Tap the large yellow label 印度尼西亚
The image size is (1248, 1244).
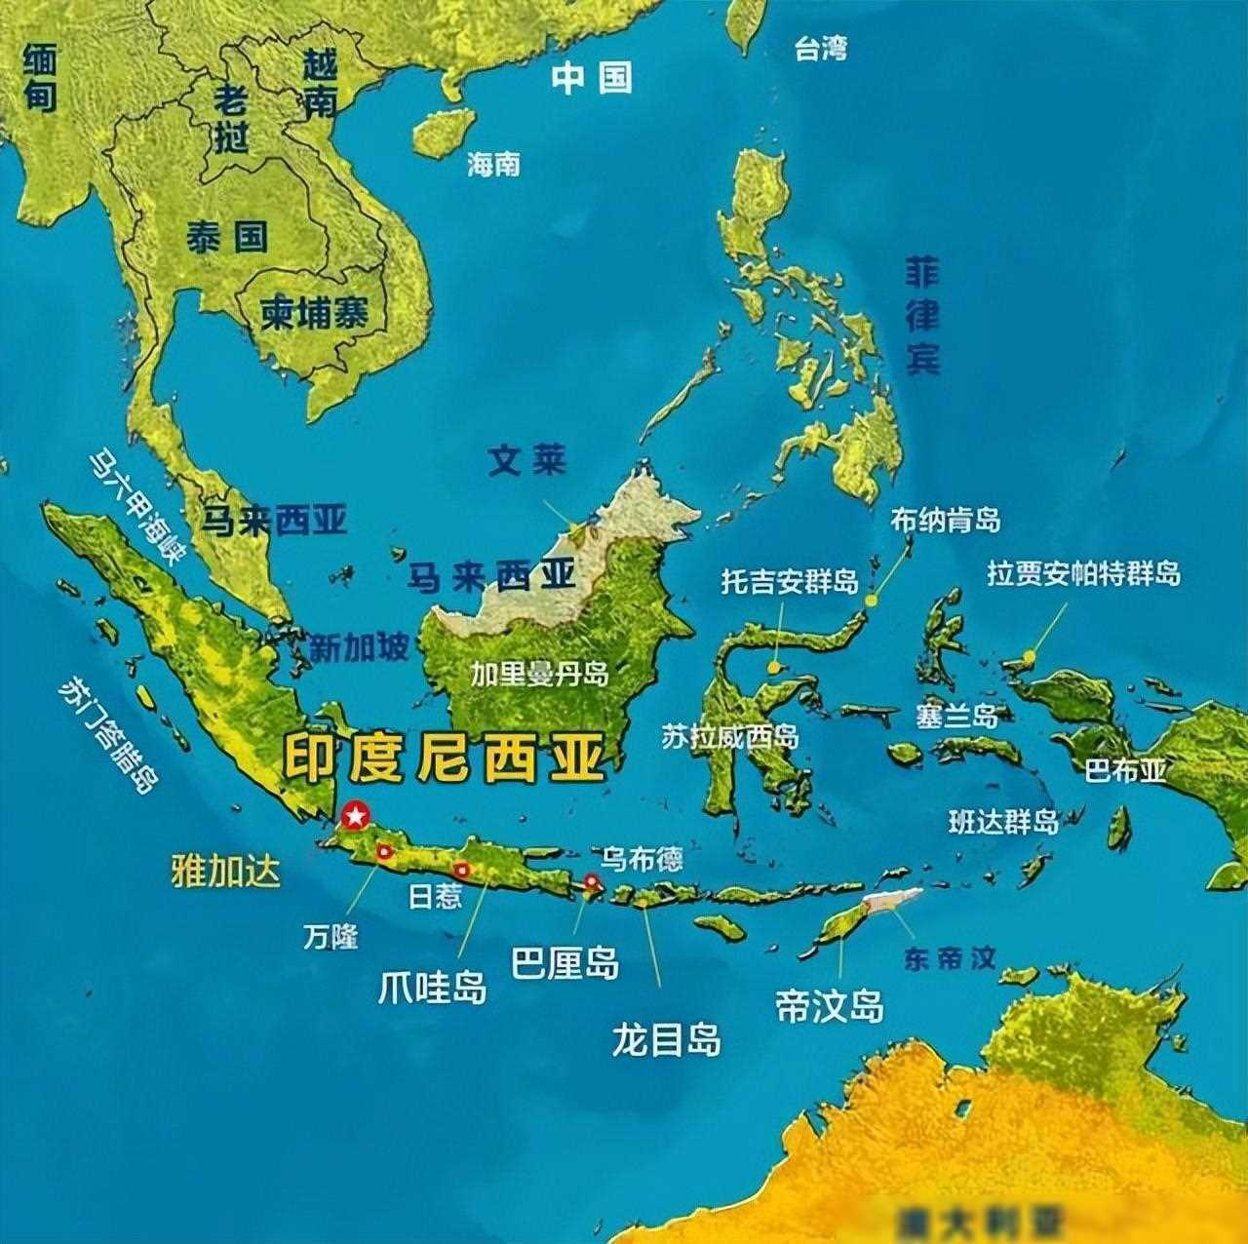tap(444, 758)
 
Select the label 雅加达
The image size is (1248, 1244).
tap(225, 871)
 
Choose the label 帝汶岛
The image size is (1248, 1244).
tap(830, 1005)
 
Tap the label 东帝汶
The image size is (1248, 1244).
tap(950, 958)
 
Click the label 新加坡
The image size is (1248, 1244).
tap(359, 647)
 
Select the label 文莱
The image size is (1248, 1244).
tap(527, 460)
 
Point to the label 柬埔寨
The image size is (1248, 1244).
tap(314, 314)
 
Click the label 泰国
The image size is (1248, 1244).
tap(227, 236)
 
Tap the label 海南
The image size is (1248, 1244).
tap(493, 164)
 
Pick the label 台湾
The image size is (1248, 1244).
tap(820, 49)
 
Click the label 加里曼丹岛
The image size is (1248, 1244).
tap(539, 675)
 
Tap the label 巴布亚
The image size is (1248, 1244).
tap(1126, 771)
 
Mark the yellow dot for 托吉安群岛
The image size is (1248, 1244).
tap(773, 668)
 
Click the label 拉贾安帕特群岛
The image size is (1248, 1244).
tap(1083, 574)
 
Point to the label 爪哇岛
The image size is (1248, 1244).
tap(432, 989)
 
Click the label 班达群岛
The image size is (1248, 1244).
tap(1004, 821)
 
